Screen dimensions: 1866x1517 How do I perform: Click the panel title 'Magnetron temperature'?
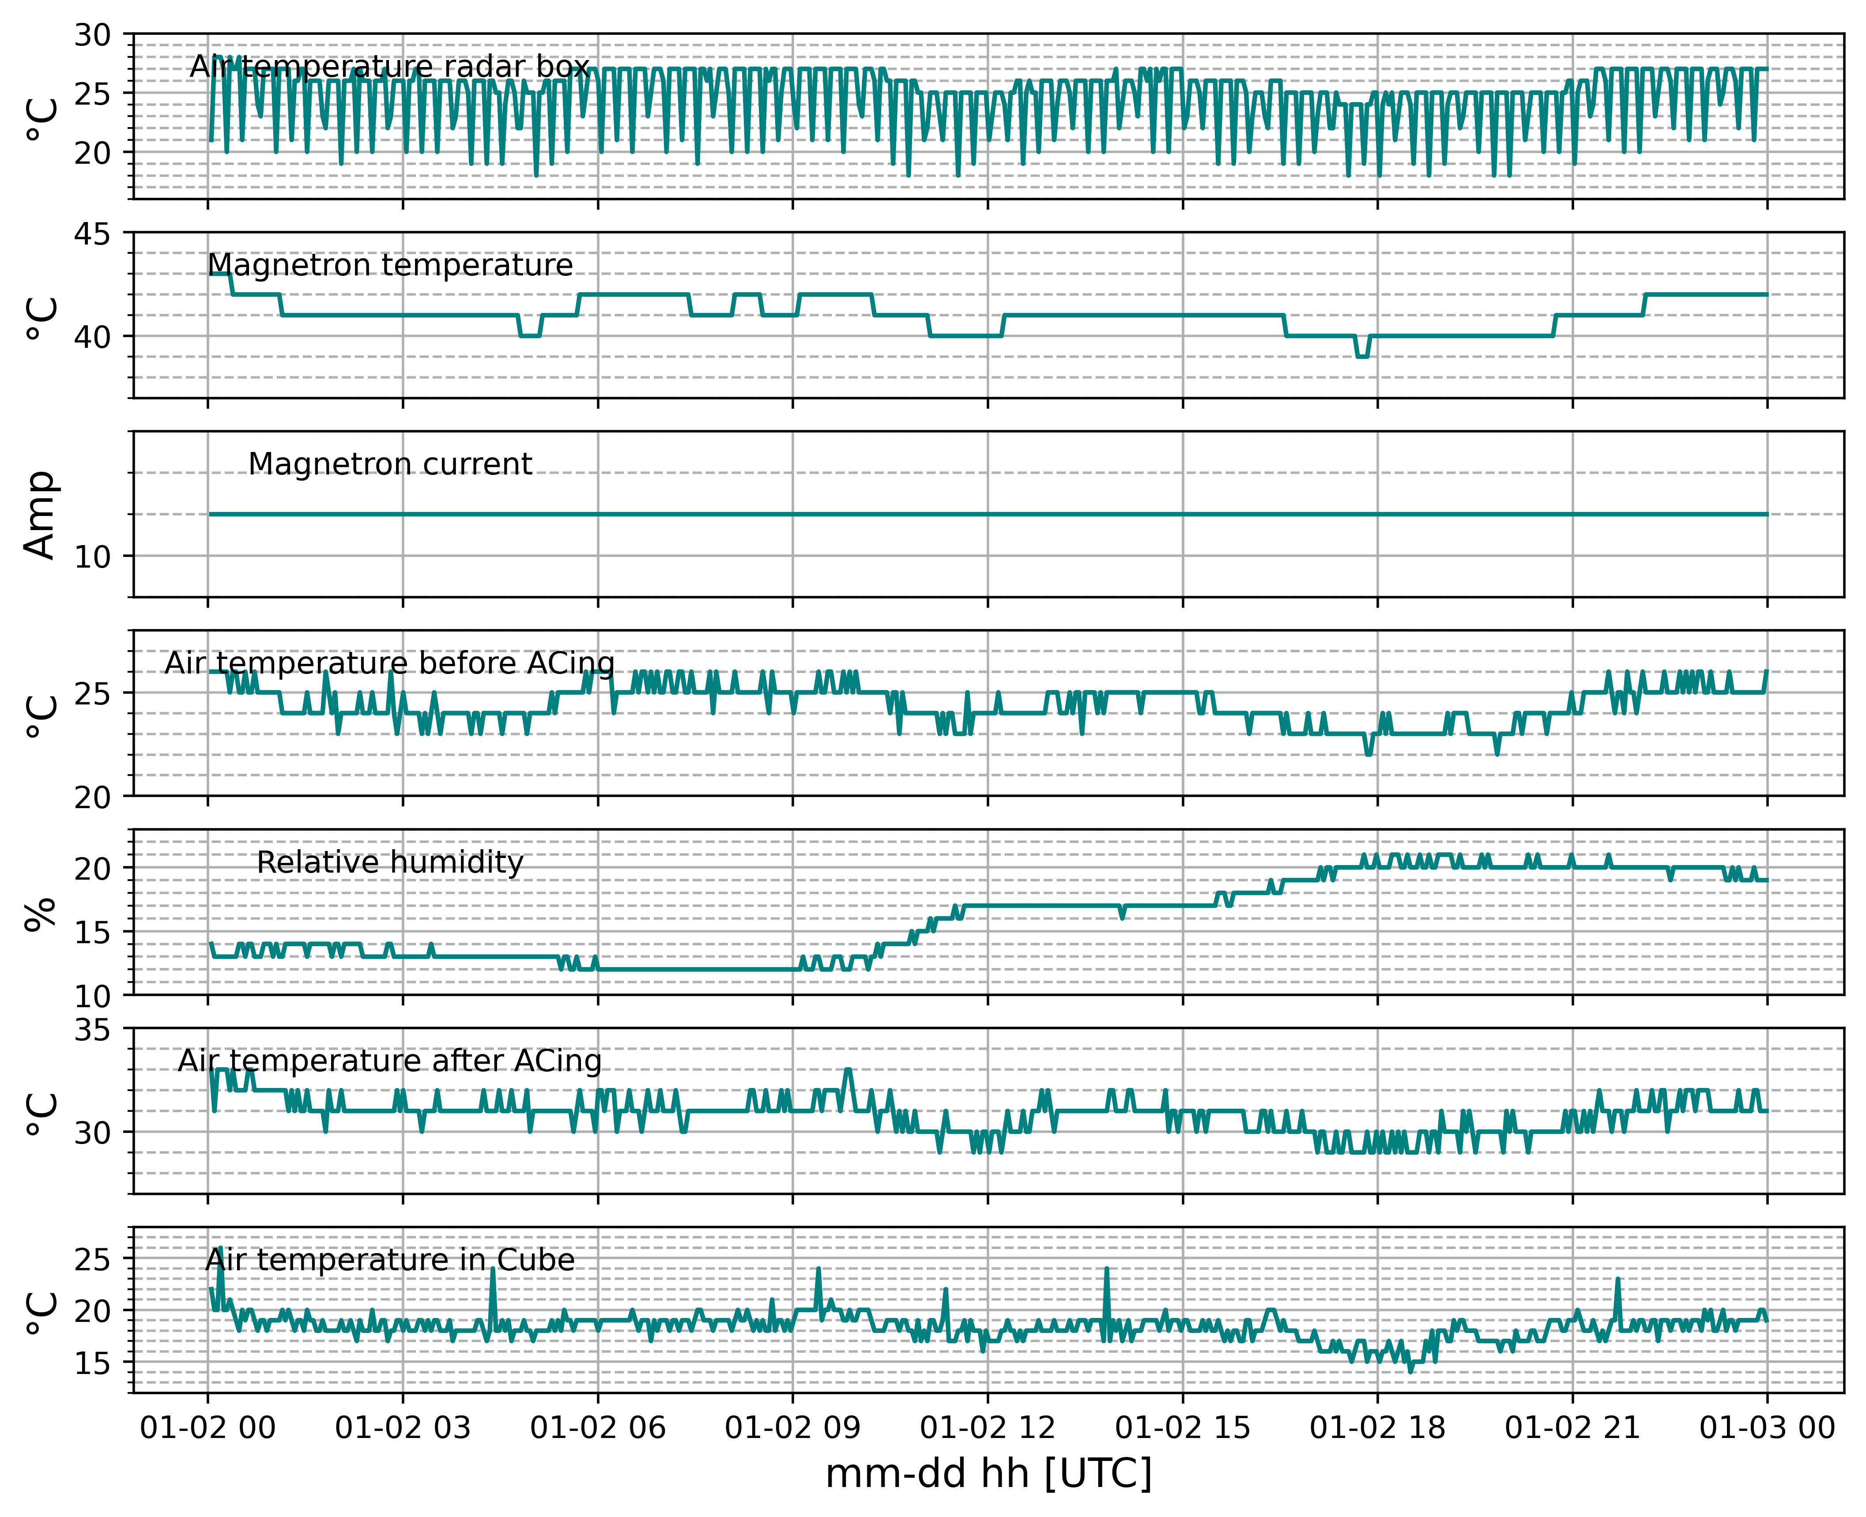pos(390,265)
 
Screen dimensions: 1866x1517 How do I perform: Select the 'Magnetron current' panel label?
pos(390,464)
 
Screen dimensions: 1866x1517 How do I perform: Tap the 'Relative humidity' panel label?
pos(390,862)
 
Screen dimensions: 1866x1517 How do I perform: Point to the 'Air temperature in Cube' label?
pos(390,1260)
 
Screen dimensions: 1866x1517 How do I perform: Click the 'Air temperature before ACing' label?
pos(390,663)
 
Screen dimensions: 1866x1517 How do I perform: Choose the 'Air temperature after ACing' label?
pos(390,1061)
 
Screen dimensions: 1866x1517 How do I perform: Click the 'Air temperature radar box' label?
pos(390,66)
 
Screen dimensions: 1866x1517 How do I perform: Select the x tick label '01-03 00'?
pos(1767,1428)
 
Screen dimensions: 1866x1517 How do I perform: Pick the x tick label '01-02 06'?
pos(598,1428)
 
